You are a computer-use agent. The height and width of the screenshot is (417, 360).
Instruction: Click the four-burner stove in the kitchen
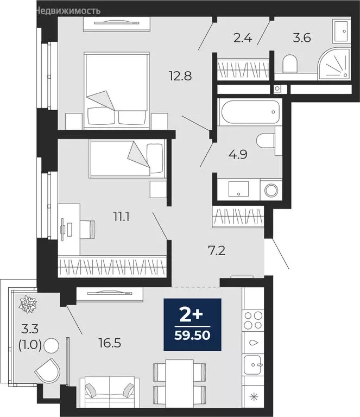pyautogui.click(x=253, y=320)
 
